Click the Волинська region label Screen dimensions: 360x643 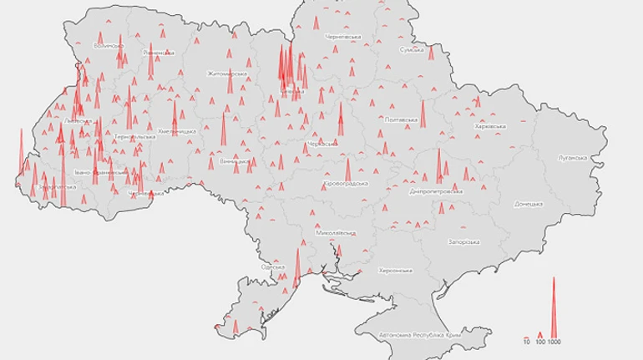coord(109,46)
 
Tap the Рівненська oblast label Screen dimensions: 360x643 coord(159,52)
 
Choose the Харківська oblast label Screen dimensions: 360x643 coord(490,126)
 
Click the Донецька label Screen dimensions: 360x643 coord(529,203)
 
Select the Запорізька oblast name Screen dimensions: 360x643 coord(463,241)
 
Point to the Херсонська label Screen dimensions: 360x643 coord(396,271)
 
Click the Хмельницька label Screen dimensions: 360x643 coord(177,132)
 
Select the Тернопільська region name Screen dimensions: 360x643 coord(134,135)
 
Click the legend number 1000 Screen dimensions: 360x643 coord(554,342)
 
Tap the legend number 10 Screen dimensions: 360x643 coord(527,342)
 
